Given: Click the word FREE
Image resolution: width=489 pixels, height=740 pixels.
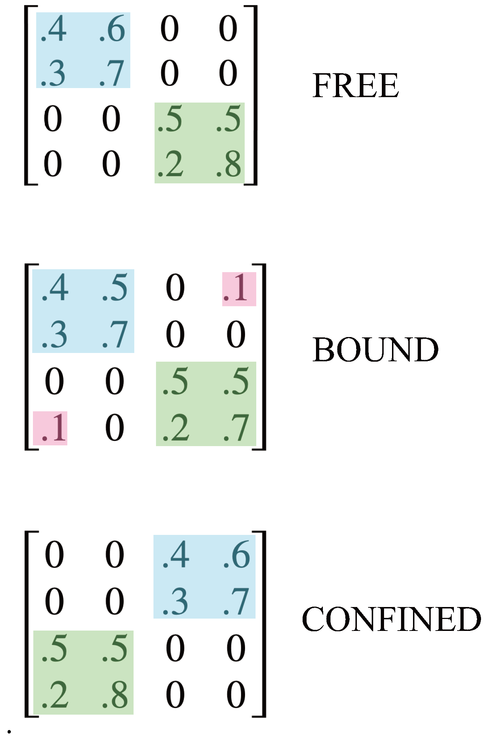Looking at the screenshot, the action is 355,86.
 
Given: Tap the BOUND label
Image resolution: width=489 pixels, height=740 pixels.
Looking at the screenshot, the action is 375,349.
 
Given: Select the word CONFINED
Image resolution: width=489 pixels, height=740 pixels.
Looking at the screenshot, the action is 391,619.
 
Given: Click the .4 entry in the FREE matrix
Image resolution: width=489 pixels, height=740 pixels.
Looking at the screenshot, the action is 54,29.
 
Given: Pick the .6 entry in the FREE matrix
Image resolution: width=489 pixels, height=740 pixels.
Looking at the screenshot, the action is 112,29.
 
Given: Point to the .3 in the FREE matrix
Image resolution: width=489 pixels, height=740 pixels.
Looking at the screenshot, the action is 53,74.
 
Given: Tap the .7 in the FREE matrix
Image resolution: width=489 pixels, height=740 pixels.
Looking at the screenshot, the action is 112,74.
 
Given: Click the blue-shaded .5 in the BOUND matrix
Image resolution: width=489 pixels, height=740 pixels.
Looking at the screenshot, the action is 115,288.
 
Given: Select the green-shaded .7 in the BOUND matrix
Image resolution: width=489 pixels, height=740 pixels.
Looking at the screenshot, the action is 236,428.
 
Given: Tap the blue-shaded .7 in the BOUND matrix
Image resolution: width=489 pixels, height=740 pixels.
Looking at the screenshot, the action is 115,334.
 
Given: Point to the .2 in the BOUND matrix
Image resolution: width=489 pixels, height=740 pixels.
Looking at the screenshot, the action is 176,428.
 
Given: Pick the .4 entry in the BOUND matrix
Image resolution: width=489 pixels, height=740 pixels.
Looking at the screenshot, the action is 55,288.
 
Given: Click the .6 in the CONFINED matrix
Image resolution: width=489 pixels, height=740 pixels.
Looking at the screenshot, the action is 236,555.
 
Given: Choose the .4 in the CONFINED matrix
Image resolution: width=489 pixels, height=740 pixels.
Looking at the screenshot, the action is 176,555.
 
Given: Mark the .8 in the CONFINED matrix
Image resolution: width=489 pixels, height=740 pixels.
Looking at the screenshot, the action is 115,695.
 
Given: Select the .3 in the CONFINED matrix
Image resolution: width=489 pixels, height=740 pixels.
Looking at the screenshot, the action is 175,602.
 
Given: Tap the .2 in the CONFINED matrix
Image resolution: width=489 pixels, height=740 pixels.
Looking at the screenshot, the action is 55,695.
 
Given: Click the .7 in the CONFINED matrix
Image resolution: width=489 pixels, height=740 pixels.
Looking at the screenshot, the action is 236,602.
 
